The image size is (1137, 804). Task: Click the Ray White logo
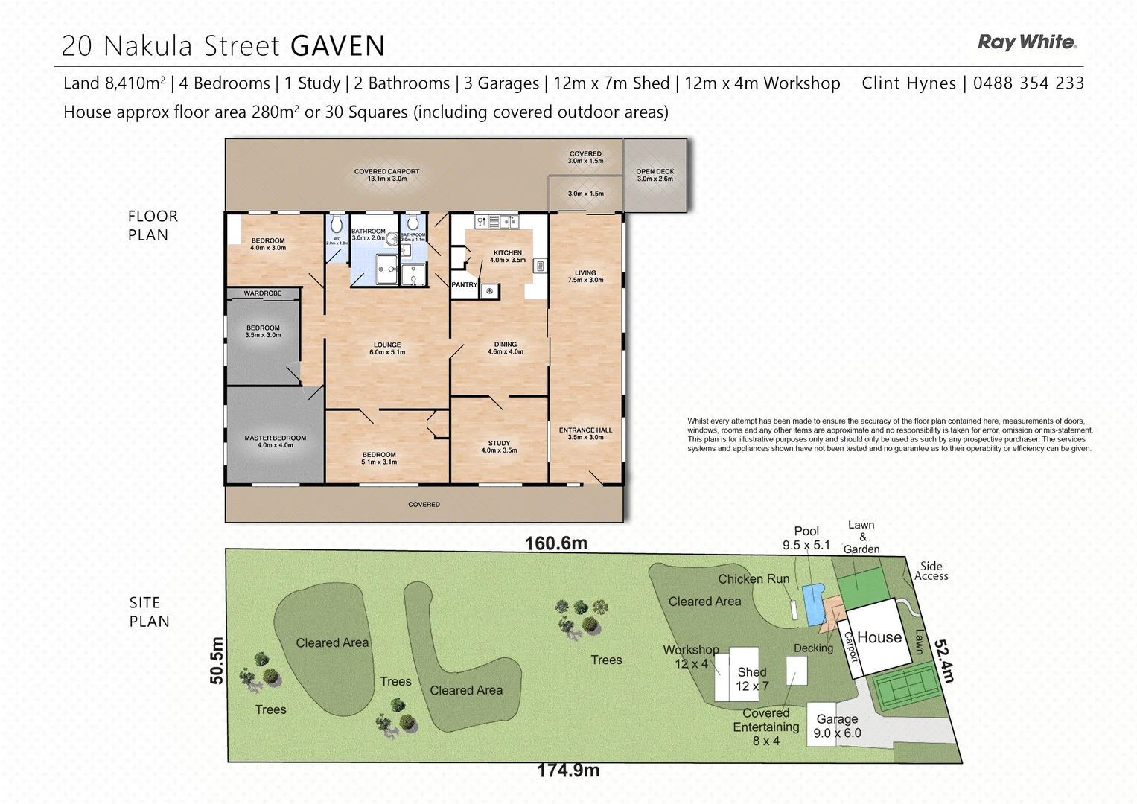[1026, 42]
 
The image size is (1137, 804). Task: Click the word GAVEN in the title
[337, 46]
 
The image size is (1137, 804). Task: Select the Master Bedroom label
[275, 441]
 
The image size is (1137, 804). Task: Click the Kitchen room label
[508, 256]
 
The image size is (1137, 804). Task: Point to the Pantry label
[464, 284]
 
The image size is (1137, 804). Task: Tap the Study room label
[499, 447]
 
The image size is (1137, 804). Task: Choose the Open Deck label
[655, 175]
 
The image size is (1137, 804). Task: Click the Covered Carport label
[386, 175]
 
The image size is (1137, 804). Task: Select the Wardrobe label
[263, 293]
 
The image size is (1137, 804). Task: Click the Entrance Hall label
[585, 433]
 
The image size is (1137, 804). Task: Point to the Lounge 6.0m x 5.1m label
[387, 348]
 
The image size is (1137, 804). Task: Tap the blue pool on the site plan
[813, 604]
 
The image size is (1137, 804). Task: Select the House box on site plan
[879, 637]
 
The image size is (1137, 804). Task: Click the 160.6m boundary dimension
[555, 543]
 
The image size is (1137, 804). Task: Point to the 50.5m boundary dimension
[217, 660]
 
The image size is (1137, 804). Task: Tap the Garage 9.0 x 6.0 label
[837, 726]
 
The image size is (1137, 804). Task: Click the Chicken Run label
[753, 578]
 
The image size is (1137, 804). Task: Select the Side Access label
[931, 571]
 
